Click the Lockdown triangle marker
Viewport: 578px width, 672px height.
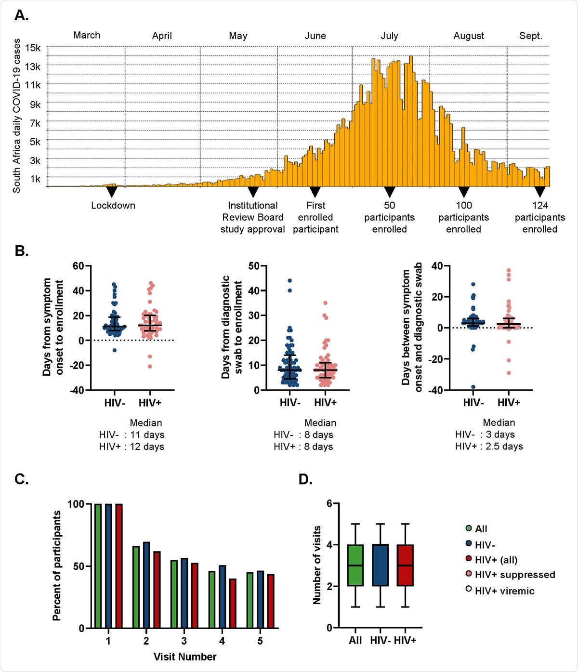(112, 192)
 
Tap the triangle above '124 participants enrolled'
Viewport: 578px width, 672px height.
(540, 192)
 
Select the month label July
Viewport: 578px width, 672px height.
(389, 36)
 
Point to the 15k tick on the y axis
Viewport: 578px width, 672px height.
(33, 48)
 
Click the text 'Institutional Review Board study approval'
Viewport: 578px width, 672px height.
(252, 217)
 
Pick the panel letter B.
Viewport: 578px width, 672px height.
(21, 251)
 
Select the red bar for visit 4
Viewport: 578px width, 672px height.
(233, 603)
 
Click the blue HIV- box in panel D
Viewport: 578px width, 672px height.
(381, 565)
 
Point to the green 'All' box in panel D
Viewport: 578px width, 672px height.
(355, 565)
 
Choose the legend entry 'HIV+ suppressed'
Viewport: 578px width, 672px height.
(514, 574)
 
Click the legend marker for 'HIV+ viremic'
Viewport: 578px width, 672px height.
(469, 589)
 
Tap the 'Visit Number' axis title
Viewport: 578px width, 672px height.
(185, 657)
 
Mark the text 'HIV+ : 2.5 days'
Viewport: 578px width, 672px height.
(489, 446)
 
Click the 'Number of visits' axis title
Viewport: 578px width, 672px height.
(317, 565)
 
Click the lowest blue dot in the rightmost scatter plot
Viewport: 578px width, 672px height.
(473, 387)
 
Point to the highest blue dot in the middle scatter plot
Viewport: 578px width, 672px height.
(289, 280)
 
